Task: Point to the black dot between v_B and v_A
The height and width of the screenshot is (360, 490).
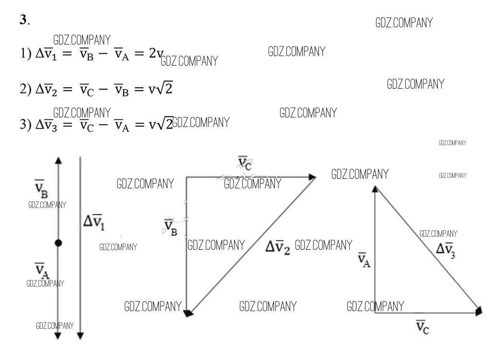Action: (x=58, y=243)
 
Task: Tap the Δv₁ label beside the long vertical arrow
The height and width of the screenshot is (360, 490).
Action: (x=94, y=222)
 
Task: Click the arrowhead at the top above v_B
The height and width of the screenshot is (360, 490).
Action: (x=58, y=161)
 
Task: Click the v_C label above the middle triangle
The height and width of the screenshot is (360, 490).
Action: (x=245, y=163)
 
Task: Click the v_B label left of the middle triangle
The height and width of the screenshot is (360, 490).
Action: (x=171, y=228)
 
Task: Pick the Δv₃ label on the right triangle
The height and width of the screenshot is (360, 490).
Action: (x=445, y=250)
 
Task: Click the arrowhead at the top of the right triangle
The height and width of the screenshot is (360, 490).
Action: (x=375, y=190)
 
